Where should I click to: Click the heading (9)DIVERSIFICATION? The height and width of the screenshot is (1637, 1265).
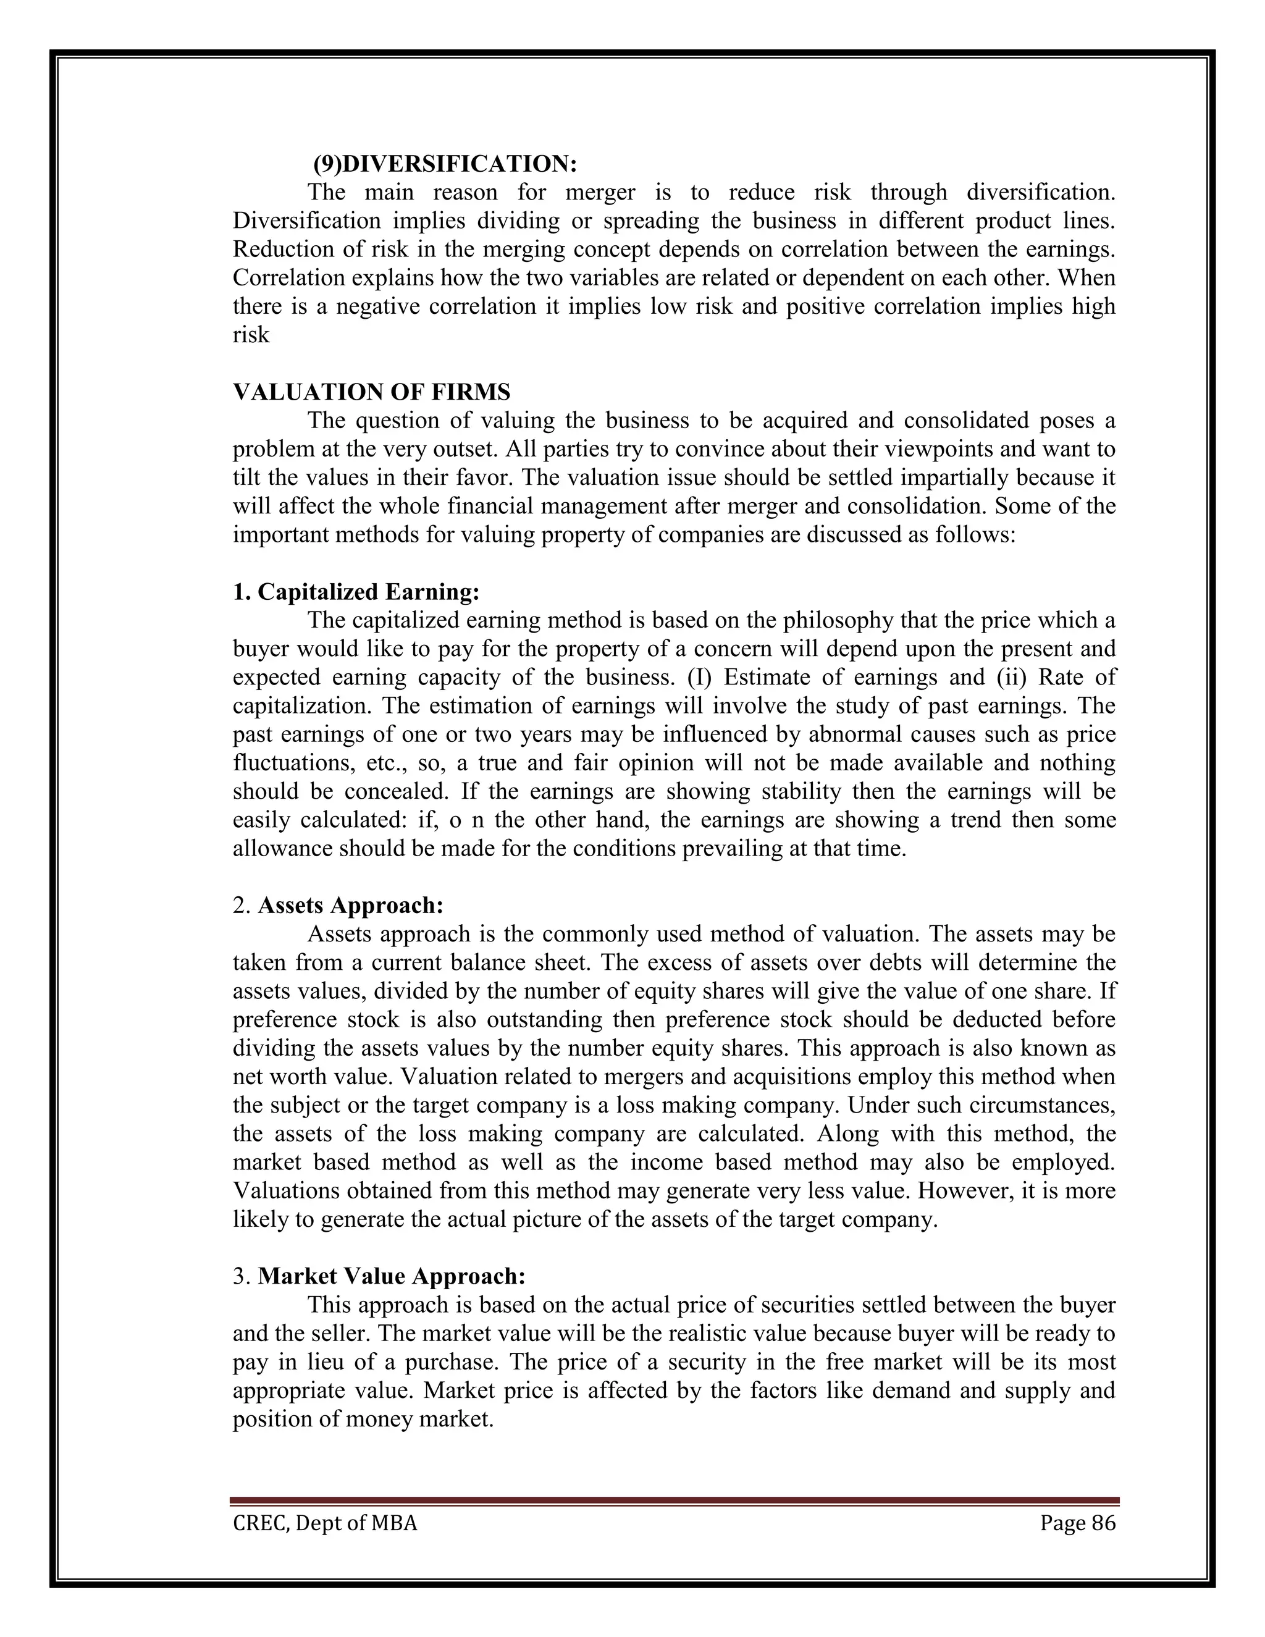(x=445, y=164)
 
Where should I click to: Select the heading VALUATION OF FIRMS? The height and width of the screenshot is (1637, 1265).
(x=372, y=392)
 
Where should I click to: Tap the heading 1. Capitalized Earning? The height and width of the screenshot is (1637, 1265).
(x=356, y=592)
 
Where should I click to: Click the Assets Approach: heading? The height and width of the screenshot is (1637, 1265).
(x=351, y=906)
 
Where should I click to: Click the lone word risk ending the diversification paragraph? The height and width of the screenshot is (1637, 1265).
(x=250, y=335)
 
